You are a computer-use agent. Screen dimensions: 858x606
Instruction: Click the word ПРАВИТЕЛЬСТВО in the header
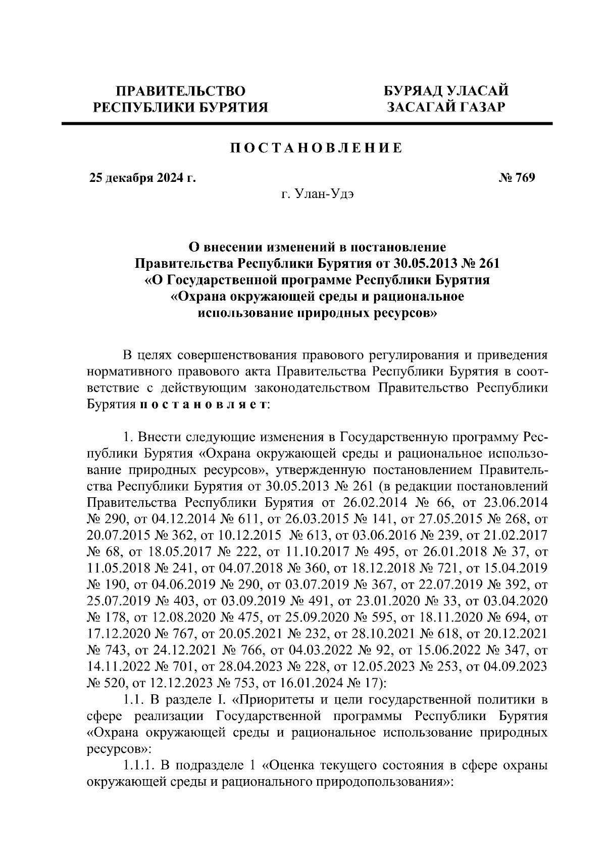tap(181, 91)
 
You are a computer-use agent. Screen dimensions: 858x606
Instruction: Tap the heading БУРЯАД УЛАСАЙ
tap(446, 91)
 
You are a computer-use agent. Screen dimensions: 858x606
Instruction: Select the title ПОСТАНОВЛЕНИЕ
tap(317, 148)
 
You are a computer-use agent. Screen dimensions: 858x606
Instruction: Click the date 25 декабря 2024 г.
tap(143, 178)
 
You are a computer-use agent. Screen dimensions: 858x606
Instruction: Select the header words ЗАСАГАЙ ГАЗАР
tap(446, 107)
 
